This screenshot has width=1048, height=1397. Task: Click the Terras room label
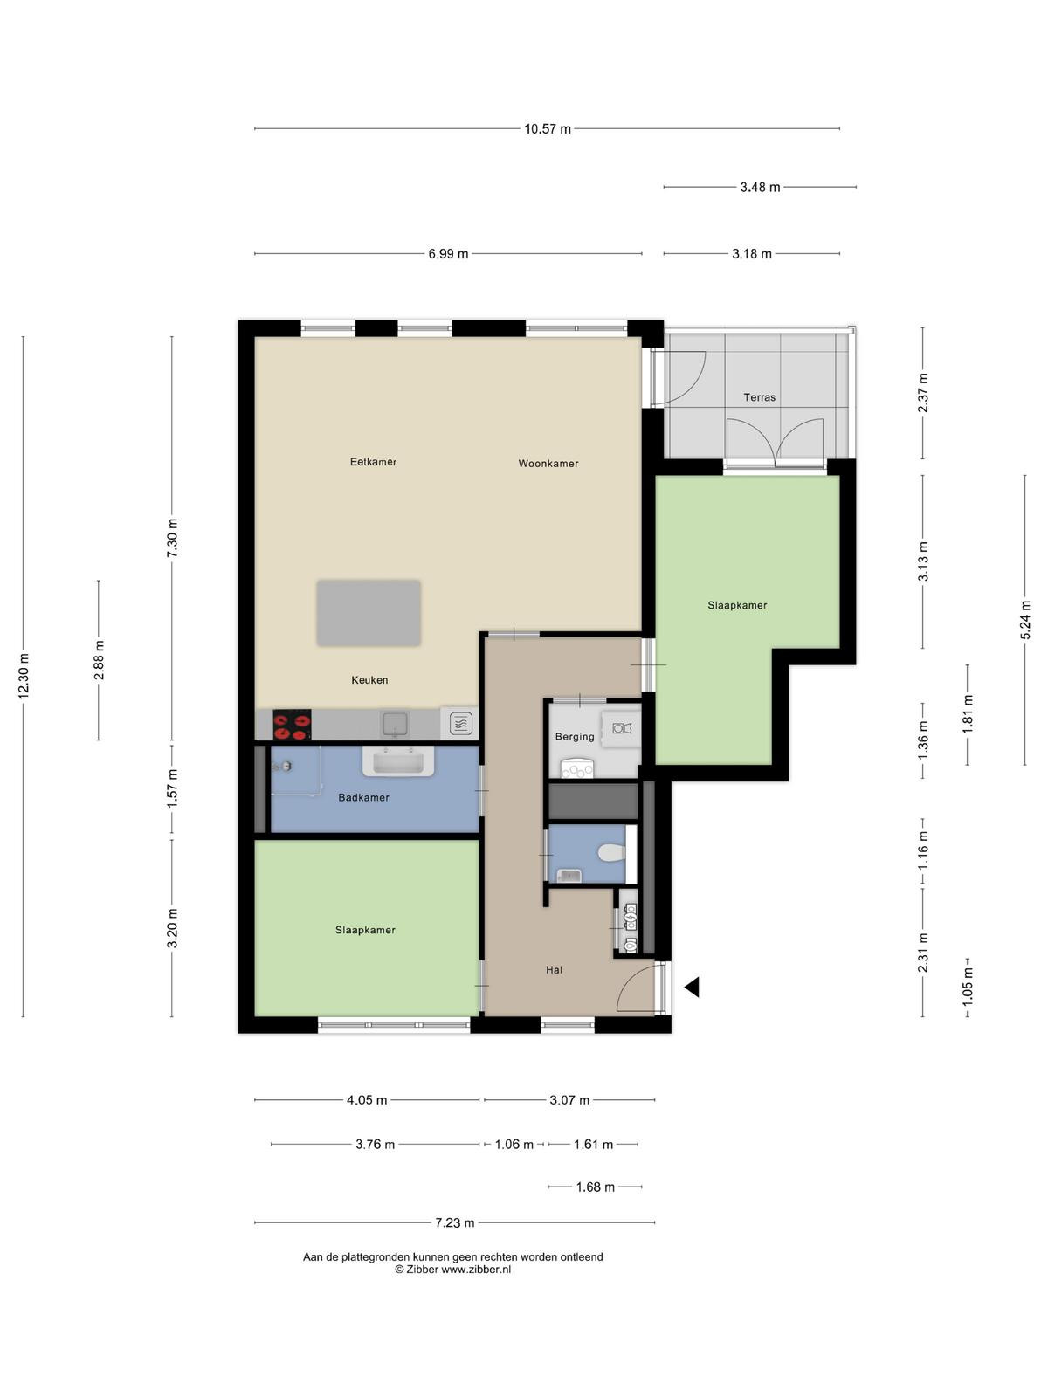[x=759, y=397]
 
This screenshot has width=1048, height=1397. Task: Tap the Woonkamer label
[x=548, y=464]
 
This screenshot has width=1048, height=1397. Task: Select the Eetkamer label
[x=373, y=461]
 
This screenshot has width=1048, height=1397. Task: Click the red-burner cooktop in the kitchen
[x=292, y=725]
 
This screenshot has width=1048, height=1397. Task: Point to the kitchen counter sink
[x=395, y=725]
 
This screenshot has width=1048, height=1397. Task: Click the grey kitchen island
[x=369, y=613]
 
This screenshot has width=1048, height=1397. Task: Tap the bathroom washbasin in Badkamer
[x=398, y=761]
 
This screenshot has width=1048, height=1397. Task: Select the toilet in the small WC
[x=613, y=852]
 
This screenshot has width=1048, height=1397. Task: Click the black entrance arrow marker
[x=692, y=988]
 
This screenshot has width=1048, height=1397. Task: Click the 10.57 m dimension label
[x=548, y=129]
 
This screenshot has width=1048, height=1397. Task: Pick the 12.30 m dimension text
[x=24, y=676]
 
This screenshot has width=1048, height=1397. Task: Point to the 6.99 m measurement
[x=448, y=254]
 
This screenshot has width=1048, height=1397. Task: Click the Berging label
[x=575, y=736]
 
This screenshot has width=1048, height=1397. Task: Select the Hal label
[x=554, y=970]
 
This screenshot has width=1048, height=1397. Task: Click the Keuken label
[x=369, y=679]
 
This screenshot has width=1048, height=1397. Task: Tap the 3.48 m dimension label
[x=760, y=188]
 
